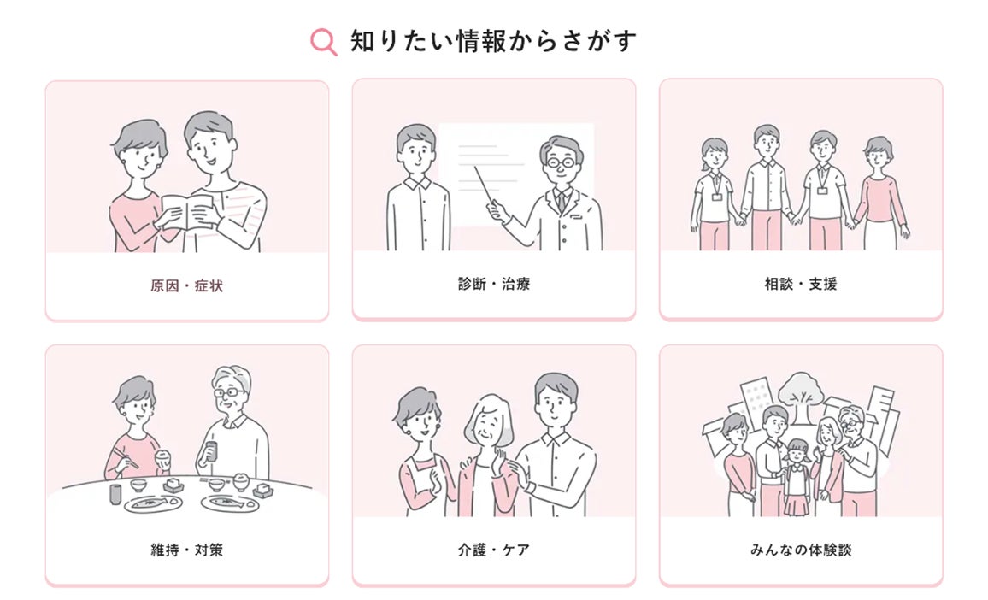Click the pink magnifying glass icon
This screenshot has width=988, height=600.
tap(323, 42)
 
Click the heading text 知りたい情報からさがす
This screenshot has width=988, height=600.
tap(493, 41)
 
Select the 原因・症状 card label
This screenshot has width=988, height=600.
tap(186, 286)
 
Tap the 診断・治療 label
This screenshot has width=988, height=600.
tap(494, 285)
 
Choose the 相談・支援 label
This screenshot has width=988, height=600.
tap(801, 285)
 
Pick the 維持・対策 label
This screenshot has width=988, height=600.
tap(186, 550)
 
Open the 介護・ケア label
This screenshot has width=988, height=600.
tap(494, 550)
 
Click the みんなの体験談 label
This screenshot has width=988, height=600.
tap(801, 550)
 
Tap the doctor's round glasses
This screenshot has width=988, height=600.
tap(561, 163)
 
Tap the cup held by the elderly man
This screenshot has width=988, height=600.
tap(211, 450)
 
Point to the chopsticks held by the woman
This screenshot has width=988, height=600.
tap(126, 458)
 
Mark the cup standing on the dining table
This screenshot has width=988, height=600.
tap(115, 494)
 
